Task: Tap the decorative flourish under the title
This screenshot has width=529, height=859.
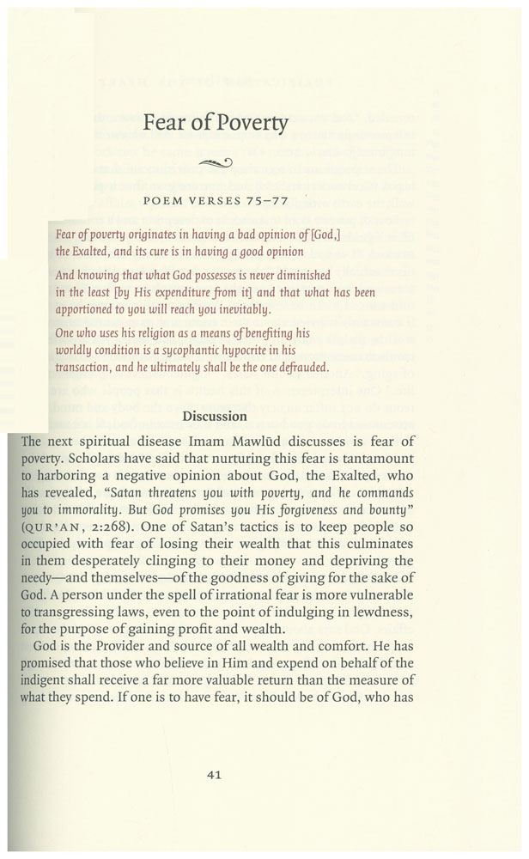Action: click(x=215, y=163)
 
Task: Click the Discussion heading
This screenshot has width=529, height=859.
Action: click(x=215, y=416)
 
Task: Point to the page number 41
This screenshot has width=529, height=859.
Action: click(x=215, y=774)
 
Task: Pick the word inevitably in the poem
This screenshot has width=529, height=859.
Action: click(x=244, y=308)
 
